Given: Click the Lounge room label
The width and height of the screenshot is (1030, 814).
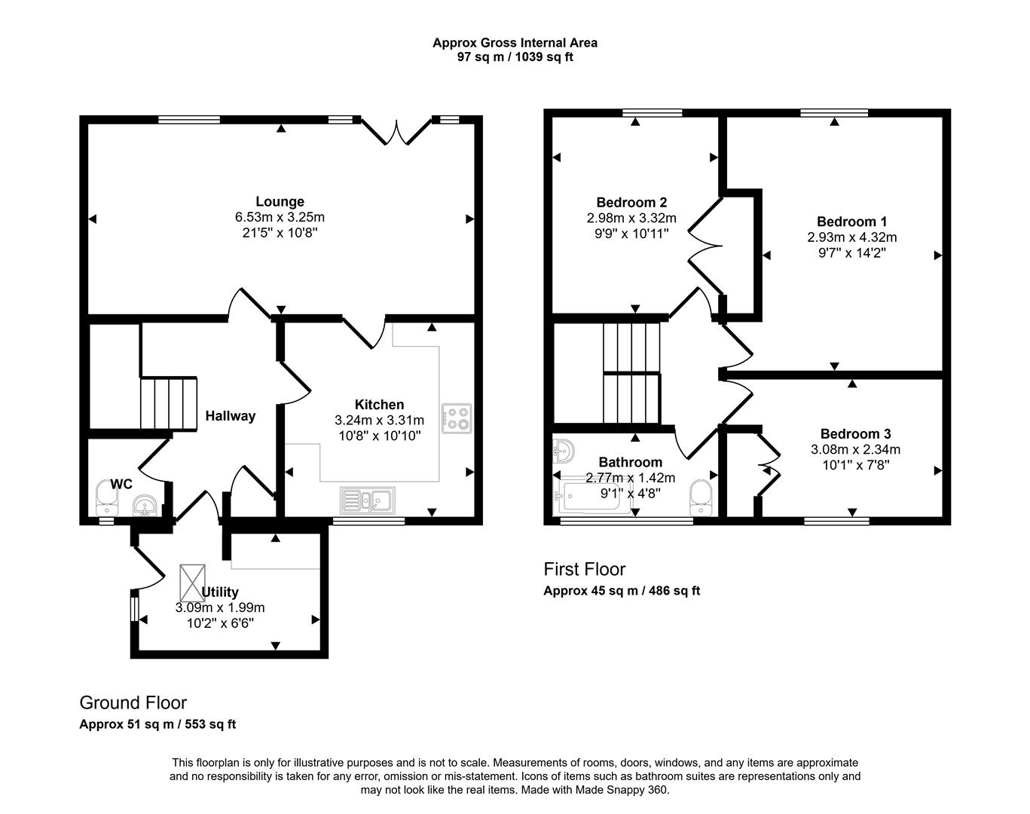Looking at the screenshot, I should pos(280,201).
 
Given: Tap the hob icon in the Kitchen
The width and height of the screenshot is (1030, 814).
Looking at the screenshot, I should pos(457,418).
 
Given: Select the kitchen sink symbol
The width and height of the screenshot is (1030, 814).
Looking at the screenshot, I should pos(367,499).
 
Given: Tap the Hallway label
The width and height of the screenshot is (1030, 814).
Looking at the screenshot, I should pos(231,416).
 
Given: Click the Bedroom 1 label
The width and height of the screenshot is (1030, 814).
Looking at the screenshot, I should pos(851,222).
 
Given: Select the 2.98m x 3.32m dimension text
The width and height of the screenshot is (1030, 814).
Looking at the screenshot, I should pos(631,218).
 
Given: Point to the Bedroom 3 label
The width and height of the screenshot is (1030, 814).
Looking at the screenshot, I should pos(855,434).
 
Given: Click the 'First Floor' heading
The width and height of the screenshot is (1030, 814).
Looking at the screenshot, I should pos(585,569).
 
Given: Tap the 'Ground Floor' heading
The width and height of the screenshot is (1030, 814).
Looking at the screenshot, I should pos(133,703).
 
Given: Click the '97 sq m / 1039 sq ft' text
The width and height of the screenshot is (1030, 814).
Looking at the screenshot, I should pos(515,57).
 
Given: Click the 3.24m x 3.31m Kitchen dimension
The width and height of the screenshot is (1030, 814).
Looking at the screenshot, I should pos(379,421).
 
